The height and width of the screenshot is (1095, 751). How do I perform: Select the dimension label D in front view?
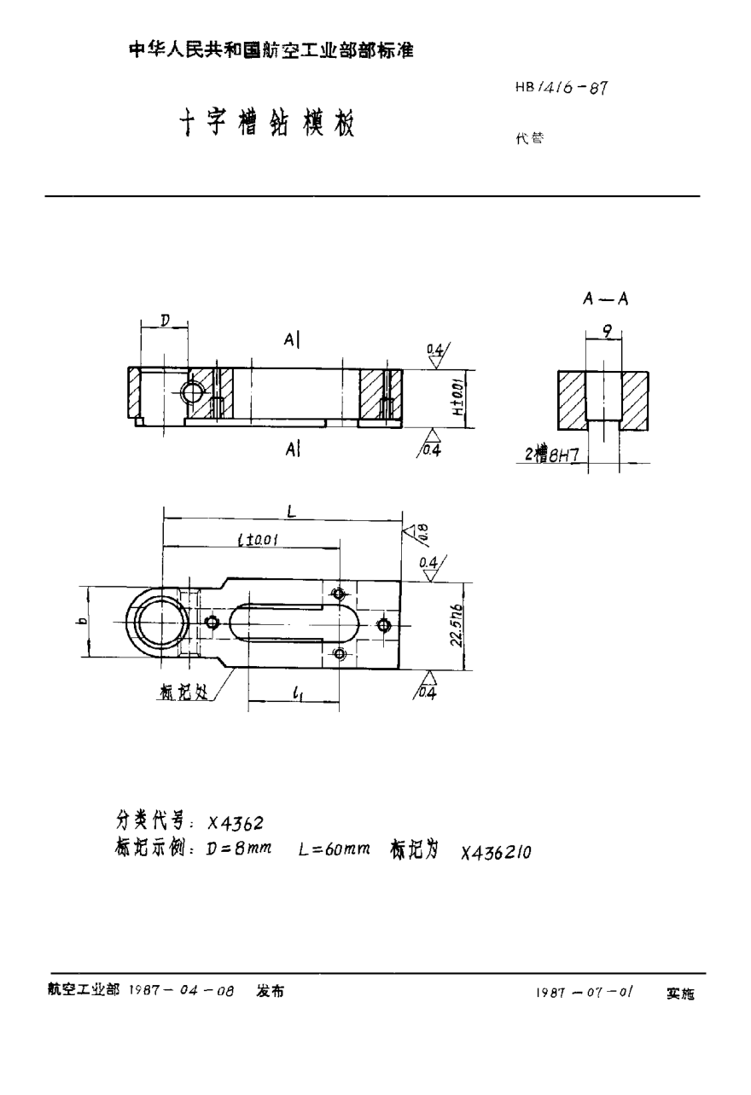(x=164, y=320)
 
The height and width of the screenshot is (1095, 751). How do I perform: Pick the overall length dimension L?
(x=291, y=513)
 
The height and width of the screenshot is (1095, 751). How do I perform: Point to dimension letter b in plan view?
(x=79, y=622)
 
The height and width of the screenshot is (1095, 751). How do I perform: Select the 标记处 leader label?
(x=183, y=693)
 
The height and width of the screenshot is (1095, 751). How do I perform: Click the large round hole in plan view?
(x=158, y=622)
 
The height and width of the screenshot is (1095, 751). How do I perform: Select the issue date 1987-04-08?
(x=180, y=992)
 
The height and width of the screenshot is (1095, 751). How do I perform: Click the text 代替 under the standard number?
(x=528, y=139)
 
